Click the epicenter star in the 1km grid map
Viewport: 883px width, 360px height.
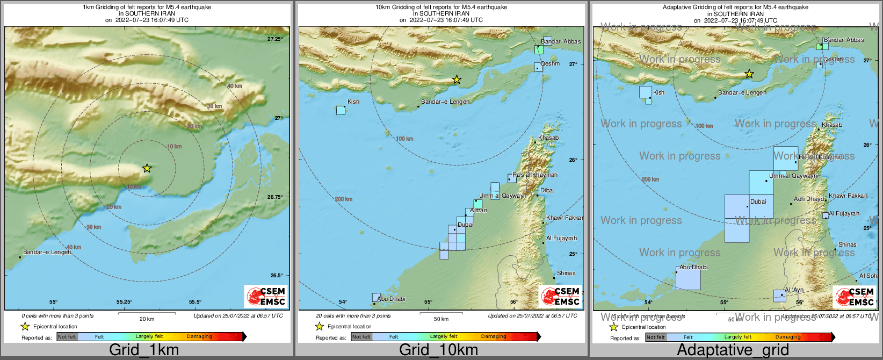[x=147, y=168]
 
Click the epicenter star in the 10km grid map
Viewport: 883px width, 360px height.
[x=457, y=80]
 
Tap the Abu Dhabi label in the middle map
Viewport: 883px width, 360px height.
[x=391, y=299]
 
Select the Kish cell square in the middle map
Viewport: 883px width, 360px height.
[x=341, y=110]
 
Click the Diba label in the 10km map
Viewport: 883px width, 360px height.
[x=546, y=190]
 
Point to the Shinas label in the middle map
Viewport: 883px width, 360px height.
[x=566, y=273]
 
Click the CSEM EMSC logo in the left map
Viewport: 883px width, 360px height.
[x=265, y=296]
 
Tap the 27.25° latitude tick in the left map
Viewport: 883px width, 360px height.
[x=275, y=39]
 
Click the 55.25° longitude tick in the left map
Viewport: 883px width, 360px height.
[x=124, y=302]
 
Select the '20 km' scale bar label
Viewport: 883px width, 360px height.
[x=147, y=319]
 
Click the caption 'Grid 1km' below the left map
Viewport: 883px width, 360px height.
[x=143, y=350]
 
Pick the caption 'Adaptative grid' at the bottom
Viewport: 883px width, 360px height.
[x=733, y=350]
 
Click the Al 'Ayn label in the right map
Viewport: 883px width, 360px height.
[x=794, y=290]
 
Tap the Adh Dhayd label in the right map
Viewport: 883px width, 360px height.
[x=808, y=199]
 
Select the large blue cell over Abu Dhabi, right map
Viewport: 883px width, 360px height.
[x=688, y=278]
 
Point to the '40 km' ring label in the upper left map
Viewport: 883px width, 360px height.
[x=234, y=86]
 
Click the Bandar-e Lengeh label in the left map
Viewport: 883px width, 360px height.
[x=47, y=252]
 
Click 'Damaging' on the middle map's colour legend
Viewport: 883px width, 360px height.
[x=493, y=336]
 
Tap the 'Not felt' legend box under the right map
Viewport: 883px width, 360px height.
[x=655, y=337]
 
